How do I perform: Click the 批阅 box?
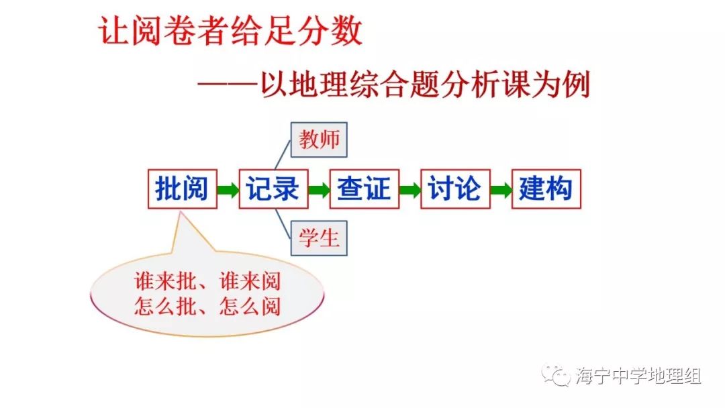[183, 189]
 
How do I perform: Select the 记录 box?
[273, 189]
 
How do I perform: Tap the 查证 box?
[364, 189]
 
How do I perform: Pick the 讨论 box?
[455, 189]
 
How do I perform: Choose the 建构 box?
[546, 189]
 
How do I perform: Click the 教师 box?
[319, 140]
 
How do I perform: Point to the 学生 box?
[319, 238]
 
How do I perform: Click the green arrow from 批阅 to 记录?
[228, 190]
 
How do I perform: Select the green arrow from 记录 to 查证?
[319, 190]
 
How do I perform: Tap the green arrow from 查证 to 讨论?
[409, 190]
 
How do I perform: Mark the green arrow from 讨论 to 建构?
[501, 190]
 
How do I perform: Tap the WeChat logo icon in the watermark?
[557, 375]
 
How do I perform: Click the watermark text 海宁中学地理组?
[638, 376]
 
